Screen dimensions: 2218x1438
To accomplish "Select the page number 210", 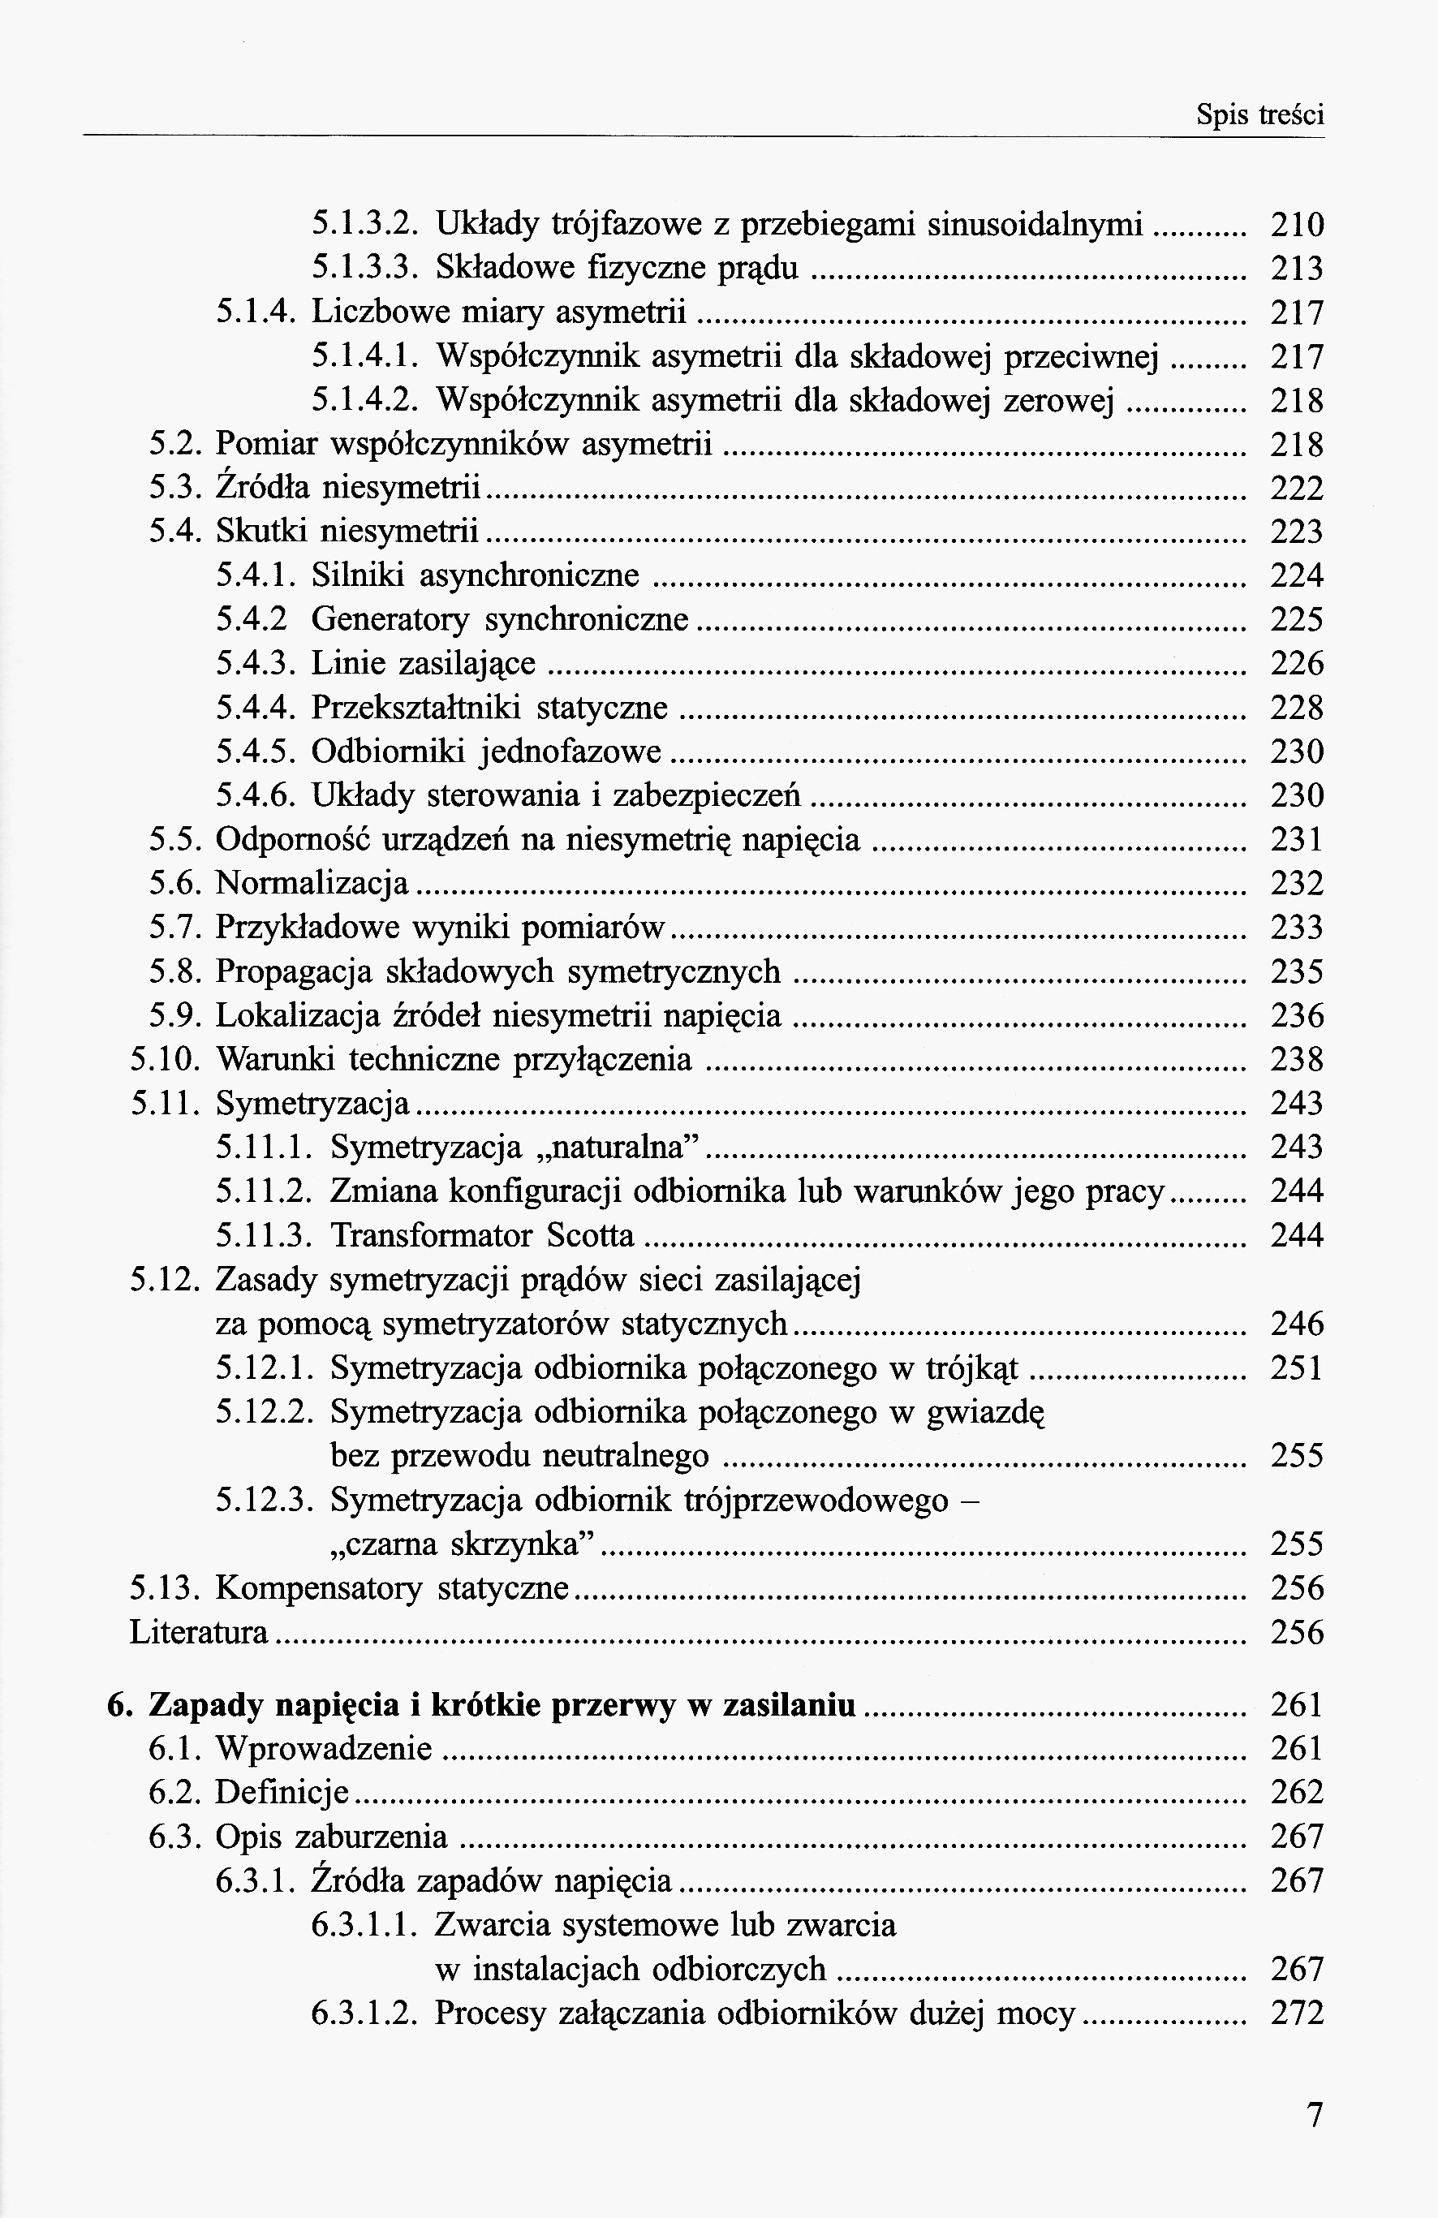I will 1296,225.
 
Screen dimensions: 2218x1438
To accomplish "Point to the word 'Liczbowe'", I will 371,312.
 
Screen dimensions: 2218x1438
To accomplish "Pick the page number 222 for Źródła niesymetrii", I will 1296,489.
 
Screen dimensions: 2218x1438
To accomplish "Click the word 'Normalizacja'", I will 312,882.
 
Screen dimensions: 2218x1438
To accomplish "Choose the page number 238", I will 1296,1060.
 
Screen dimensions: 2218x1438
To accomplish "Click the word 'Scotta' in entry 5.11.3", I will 590,1236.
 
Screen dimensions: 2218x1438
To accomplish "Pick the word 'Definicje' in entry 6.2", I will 282,1792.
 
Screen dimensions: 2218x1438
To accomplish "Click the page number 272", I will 1296,2014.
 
